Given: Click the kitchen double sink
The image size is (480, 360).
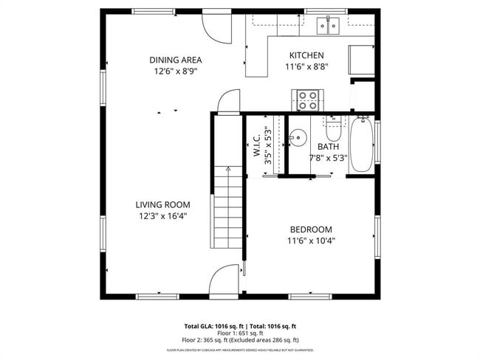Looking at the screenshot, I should coord(328,26).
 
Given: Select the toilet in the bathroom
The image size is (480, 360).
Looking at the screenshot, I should coord(333,129).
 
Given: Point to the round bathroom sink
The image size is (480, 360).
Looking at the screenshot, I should coord(298,137).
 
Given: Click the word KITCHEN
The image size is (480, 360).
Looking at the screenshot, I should coord(306,55).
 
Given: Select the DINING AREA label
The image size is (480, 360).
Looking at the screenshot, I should coord(175,60).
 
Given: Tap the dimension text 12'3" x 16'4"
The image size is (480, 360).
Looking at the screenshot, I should coord(162,216).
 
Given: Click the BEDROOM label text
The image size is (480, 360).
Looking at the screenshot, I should coord(310,229).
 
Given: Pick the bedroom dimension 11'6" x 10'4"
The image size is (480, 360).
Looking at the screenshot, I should coord(310,240).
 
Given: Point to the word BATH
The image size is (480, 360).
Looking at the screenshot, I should coord(328,146).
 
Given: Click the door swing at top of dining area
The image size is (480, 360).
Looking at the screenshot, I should coord(215,27).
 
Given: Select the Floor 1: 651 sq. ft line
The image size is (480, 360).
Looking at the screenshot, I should coord(241,333).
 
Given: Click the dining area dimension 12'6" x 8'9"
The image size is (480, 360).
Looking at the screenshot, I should coord(175,72).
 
